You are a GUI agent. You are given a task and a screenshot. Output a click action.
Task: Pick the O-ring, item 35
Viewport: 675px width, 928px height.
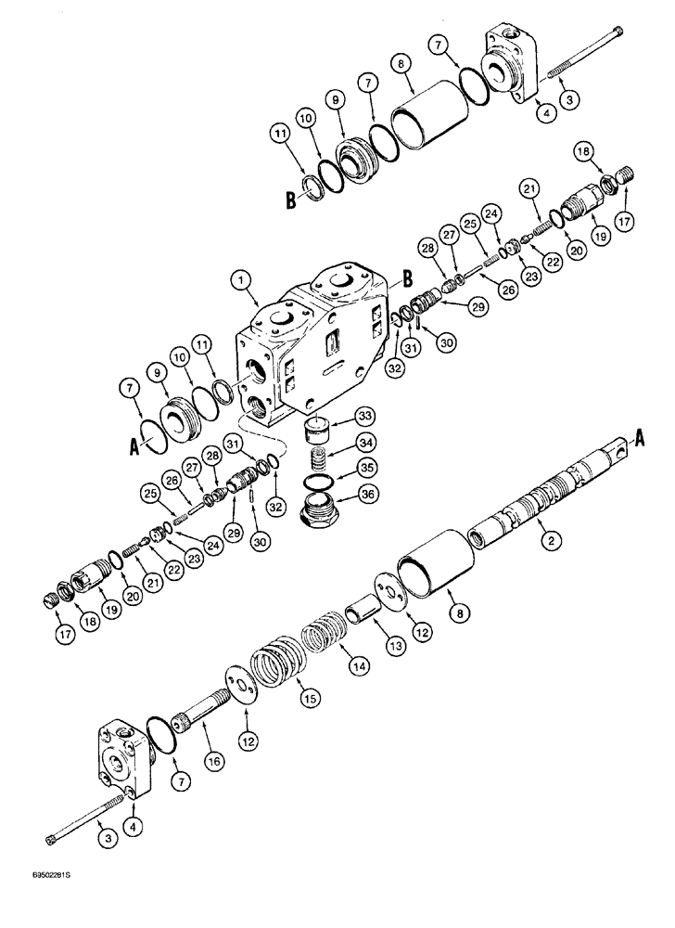[x=321, y=483]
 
